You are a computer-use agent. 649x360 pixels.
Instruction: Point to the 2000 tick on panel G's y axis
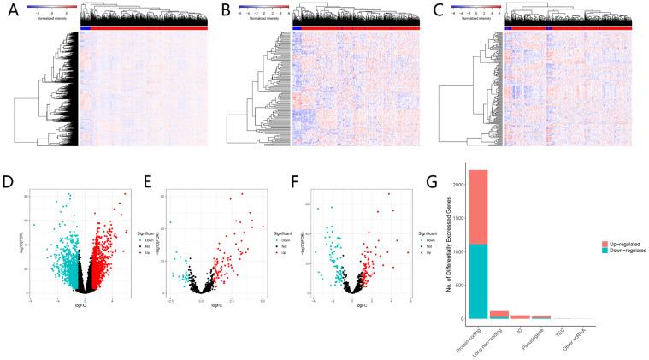tap(462, 185)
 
